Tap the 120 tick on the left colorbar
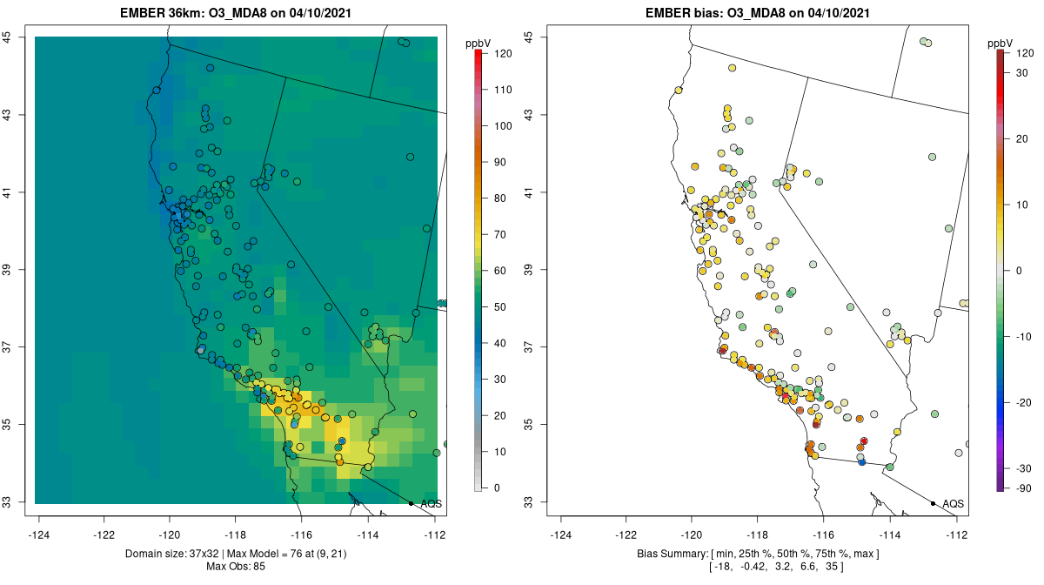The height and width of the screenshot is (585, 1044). click(x=503, y=53)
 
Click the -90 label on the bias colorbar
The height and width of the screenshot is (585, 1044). click(x=1023, y=487)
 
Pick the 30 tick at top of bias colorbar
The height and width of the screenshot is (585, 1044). click(x=1023, y=72)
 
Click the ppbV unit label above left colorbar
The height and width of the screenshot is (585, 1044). click(x=478, y=43)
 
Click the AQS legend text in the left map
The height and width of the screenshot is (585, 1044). click(x=431, y=503)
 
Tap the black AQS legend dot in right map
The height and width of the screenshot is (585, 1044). click(x=933, y=503)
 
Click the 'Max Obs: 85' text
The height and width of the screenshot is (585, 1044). click(x=236, y=567)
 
